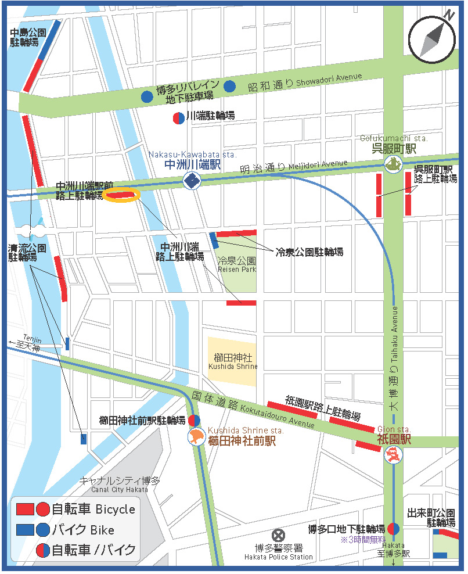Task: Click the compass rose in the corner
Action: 432,39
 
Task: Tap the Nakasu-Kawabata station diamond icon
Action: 191,181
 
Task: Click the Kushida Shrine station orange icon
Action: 196,437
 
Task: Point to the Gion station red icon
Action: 394,455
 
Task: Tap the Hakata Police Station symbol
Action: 279,534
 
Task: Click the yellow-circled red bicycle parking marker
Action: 121,195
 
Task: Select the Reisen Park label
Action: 236,265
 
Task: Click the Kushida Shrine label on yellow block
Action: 232,361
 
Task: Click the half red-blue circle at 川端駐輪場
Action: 178,117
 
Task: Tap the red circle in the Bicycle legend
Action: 43,510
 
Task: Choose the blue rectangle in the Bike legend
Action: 25,529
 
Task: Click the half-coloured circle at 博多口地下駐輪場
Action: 393,529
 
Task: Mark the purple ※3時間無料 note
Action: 363,540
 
